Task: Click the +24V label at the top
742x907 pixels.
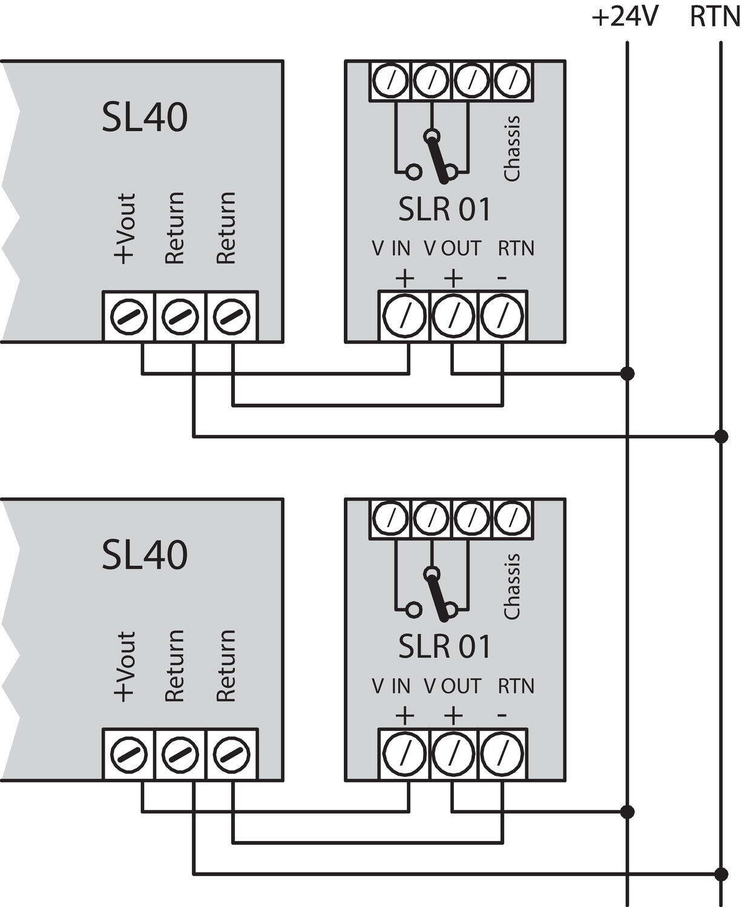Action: click(624, 18)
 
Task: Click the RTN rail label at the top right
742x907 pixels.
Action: click(715, 18)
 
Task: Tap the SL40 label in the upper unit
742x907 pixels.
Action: click(144, 117)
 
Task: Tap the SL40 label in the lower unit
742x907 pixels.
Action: click(144, 555)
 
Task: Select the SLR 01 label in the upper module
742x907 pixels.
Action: click(444, 209)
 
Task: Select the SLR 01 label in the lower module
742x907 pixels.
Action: click(444, 647)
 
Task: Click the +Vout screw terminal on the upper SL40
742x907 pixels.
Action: click(129, 316)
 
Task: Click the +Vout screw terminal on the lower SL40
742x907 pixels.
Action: click(129, 754)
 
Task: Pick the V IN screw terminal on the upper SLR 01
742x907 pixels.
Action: click(404, 316)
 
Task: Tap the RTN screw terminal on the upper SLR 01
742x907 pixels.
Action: click(502, 316)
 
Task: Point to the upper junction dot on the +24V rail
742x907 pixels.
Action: click(628, 374)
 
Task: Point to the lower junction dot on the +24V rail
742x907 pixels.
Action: click(628, 811)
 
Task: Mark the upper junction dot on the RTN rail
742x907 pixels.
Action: click(721, 436)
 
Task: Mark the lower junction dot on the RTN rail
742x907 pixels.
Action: click(721, 874)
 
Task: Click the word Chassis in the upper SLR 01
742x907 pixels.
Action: click(512, 148)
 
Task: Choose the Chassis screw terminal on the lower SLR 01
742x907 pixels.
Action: click(513, 518)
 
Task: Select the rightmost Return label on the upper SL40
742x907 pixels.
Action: click(226, 228)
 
